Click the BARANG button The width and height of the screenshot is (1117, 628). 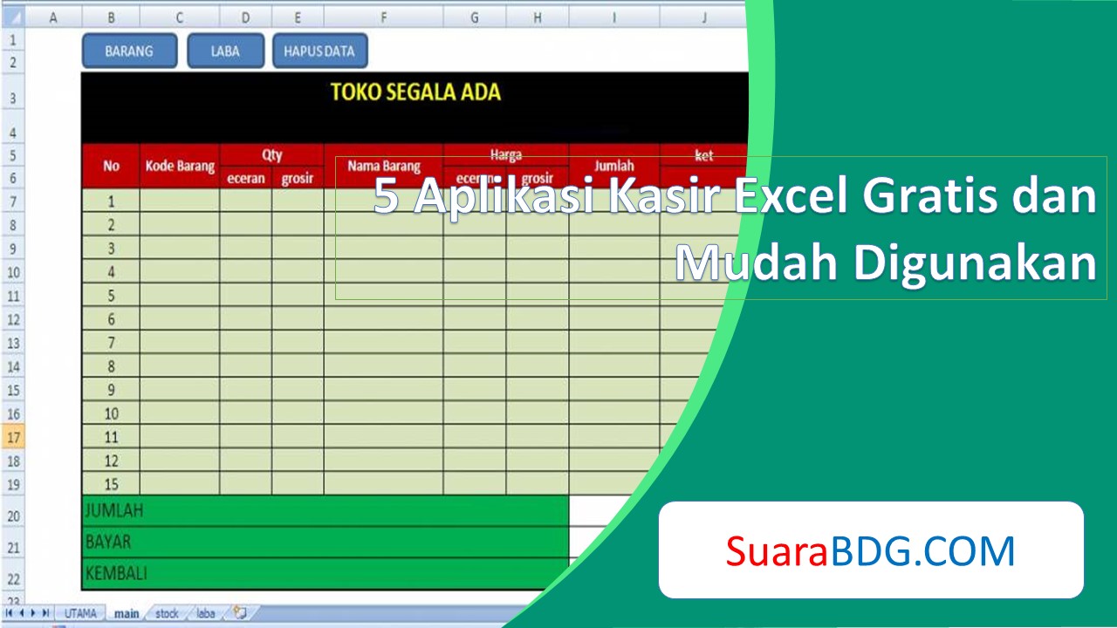(129, 51)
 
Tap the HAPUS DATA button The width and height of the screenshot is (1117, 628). (319, 51)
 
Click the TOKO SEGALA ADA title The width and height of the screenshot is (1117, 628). (415, 92)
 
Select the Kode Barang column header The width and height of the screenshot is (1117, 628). (180, 166)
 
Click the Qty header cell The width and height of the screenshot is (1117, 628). (271, 154)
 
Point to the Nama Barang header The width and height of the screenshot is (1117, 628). (384, 166)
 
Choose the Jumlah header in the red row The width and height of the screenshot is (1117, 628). (614, 166)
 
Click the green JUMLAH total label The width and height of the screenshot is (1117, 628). (113, 511)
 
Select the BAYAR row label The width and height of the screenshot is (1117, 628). (108, 542)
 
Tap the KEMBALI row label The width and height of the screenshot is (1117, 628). (116, 573)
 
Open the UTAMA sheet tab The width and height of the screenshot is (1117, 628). (81, 613)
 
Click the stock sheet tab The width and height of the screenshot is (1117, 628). (167, 613)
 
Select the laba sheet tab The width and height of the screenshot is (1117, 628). (206, 613)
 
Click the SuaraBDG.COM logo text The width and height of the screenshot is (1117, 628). (870, 551)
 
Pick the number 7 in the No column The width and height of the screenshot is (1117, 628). (111, 343)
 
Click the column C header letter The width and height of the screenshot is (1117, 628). (180, 17)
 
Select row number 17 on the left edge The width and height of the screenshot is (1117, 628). (13, 437)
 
